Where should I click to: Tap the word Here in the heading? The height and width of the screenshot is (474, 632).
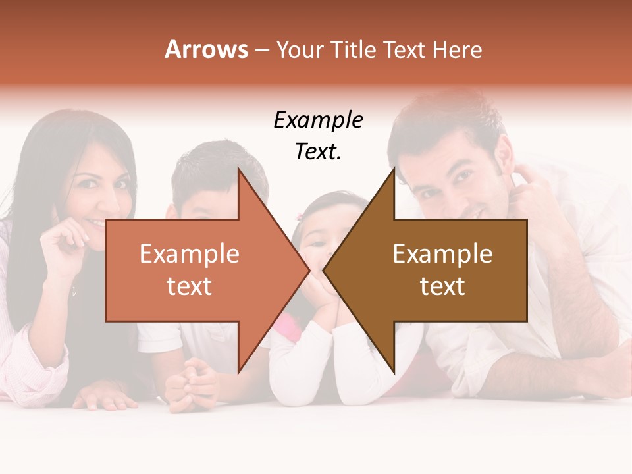458,50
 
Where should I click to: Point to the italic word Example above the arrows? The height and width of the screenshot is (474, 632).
318,120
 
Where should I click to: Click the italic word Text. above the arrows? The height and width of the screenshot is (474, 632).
318,152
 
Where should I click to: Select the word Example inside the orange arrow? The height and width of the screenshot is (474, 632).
190,254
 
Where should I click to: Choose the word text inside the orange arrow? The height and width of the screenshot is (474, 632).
190,286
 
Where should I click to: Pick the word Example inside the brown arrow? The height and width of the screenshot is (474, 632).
442,254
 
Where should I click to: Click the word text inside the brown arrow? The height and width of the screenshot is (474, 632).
442,286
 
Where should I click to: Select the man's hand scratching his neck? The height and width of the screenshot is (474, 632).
530,184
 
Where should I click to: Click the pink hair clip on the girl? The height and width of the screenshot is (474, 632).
300,216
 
